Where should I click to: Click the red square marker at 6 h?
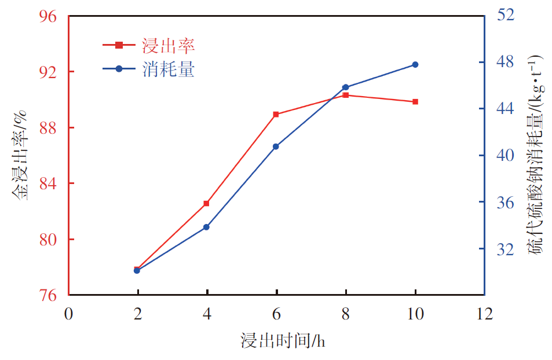[276, 114]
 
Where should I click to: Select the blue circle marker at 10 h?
[415, 64]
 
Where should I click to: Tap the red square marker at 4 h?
[206, 204]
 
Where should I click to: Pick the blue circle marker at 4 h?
[206, 227]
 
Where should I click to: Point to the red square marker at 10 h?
[415, 102]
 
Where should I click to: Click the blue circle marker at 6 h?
[276, 146]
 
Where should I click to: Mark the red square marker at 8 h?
[346, 95]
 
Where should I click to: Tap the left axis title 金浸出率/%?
[21, 157]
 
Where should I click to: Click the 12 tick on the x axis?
[484, 314]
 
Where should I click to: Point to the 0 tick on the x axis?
[69, 314]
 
